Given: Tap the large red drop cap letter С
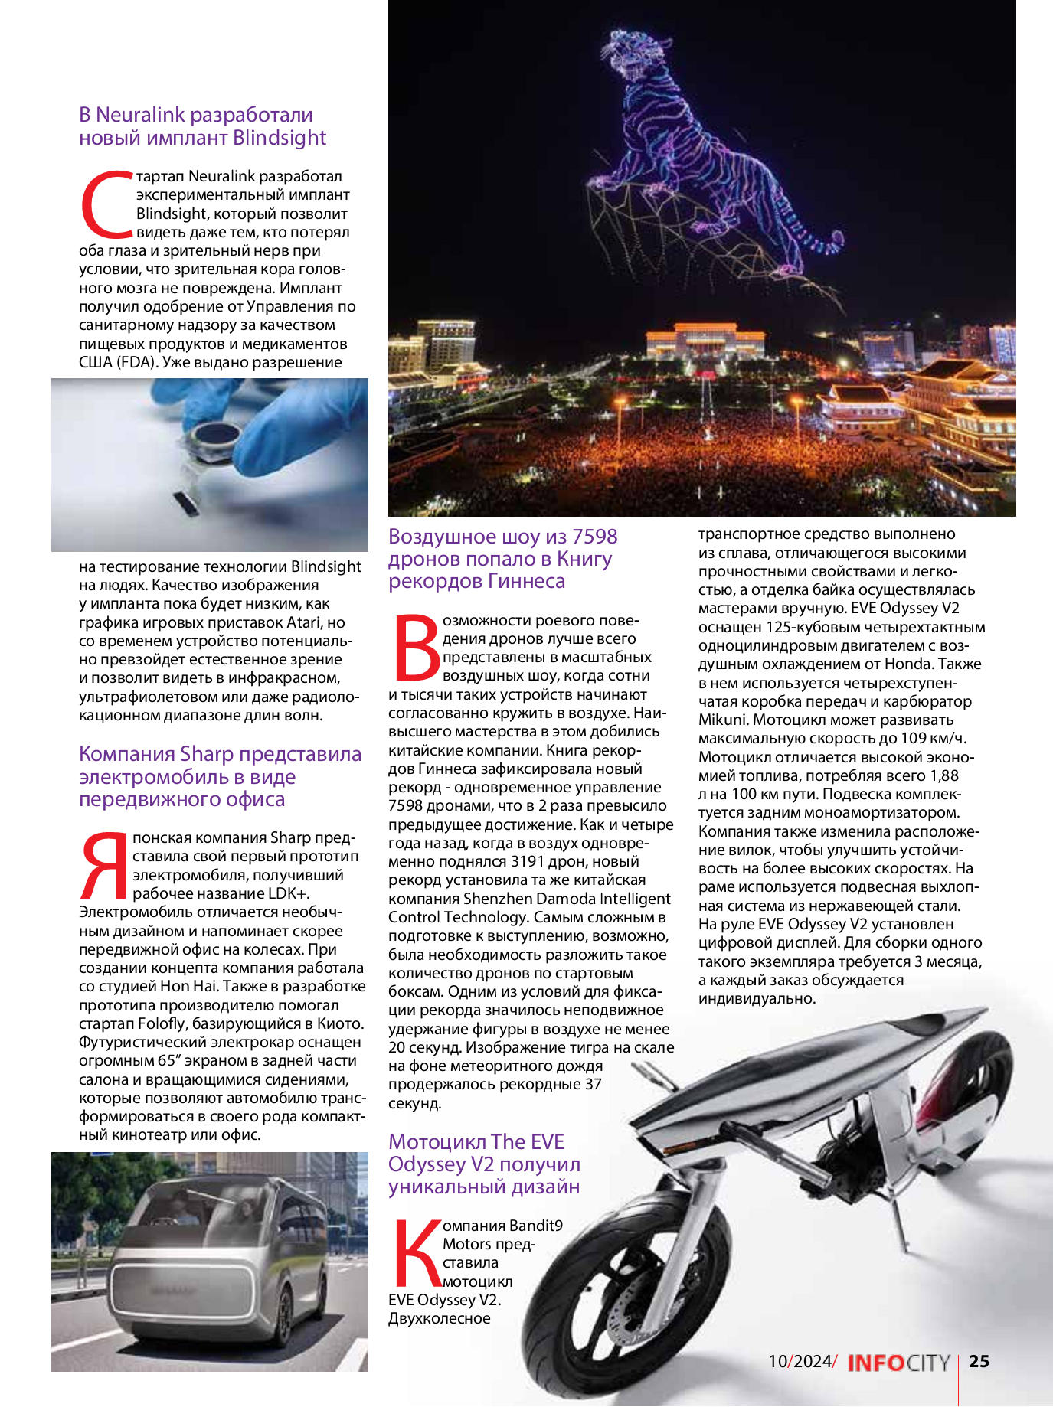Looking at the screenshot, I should coord(106,205).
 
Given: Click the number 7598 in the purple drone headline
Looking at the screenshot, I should coord(595,537).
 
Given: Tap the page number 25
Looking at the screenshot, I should coord(979,1361).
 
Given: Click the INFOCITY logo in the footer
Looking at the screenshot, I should coord(898,1363).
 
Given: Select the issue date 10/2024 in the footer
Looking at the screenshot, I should coord(800,1361).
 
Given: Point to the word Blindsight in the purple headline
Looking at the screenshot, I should coord(280,138).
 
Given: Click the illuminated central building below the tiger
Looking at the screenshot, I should coord(705,342).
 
